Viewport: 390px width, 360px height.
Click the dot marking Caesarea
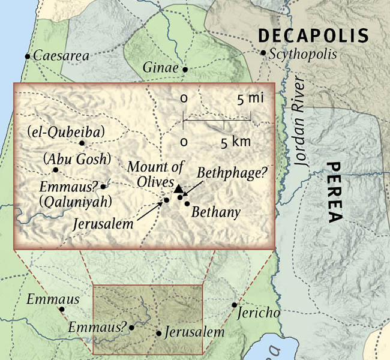click(27, 56)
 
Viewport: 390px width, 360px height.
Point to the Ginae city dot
click(185, 70)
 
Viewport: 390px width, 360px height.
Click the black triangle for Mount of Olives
click(178, 190)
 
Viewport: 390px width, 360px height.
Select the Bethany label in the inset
click(216, 212)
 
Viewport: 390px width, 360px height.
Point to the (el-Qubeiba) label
click(58, 131)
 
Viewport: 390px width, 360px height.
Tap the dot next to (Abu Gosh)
click(55, 170)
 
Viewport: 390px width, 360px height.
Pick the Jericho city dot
click(235, 305)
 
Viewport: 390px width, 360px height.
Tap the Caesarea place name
click(61, 56)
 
